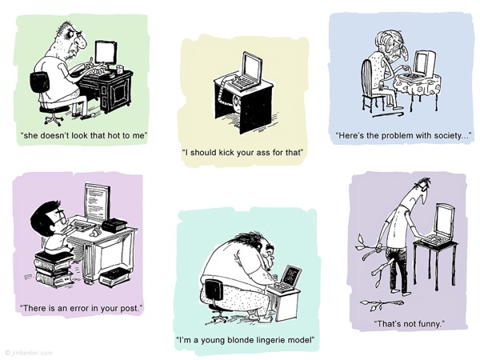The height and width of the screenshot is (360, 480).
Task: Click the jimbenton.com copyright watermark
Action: coord(29,353)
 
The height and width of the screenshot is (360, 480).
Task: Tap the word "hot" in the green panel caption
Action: coord(113,135)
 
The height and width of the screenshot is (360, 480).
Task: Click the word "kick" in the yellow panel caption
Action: coord(226,152)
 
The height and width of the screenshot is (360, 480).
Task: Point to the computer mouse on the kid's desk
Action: coord(94,233)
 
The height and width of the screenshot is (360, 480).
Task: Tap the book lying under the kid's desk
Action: coord(114,276)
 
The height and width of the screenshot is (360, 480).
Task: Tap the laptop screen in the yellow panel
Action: coord(253,67)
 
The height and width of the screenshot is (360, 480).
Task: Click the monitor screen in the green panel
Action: coord(106,53)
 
